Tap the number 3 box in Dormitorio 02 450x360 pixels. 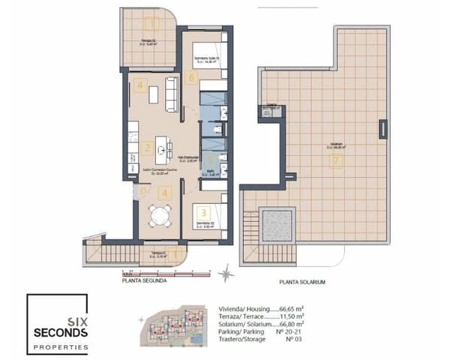coord(194,211)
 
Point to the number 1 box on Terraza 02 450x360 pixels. coord(153,23)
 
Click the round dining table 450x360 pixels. coord(158,216)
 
